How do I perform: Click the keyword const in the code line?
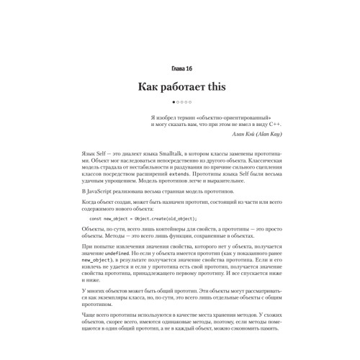(95, 218)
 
